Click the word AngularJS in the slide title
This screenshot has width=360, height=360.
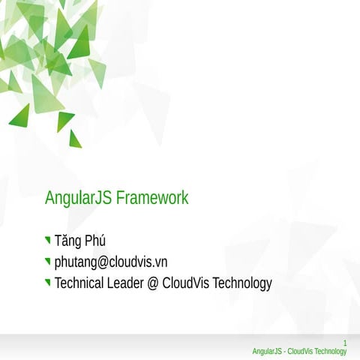[79, 199]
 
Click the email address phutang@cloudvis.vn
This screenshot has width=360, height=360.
[110, 262]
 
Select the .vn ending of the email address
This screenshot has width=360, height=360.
[159, 262]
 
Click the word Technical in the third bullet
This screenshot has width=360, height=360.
[80, 283]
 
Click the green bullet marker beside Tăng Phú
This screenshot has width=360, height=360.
[48, 241]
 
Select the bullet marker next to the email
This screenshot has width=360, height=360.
[48, 262]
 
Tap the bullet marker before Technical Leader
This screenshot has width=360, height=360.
[48, 283]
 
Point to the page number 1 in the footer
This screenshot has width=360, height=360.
[344, 343]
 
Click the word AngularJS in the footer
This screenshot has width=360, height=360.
[267, 352]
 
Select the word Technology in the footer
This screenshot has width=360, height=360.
[331, 352]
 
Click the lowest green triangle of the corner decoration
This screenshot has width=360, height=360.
[74, 140]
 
